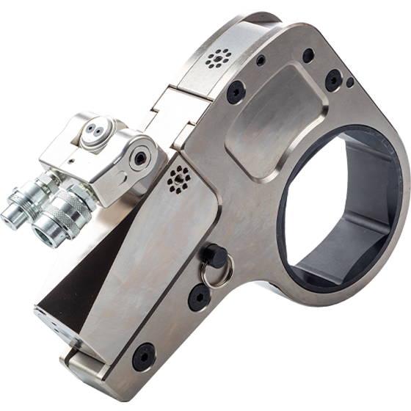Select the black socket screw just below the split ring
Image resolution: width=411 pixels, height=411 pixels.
[198, 295]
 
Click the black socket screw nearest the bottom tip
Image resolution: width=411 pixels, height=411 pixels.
[144, 356]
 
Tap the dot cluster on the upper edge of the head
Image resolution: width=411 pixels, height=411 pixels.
[219, 58]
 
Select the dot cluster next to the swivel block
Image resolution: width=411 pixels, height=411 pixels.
[177, 178]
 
